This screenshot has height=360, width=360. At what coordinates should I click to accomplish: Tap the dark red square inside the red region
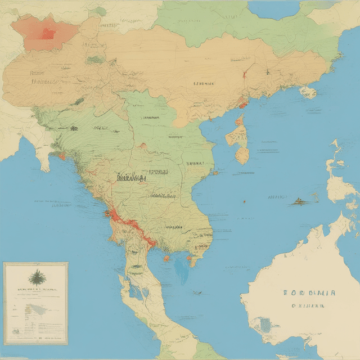tap(48, 33)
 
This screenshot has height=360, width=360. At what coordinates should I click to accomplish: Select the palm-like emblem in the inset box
tap(35, 277)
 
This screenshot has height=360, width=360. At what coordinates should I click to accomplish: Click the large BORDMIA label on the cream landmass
tap(310, 293)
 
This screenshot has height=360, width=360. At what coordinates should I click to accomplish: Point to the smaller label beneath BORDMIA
tap(308, 307)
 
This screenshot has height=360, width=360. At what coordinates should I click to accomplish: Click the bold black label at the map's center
tap(131, 178)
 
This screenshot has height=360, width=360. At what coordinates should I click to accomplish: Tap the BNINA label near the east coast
tap(196, 164)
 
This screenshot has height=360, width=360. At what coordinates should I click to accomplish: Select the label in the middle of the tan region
tap(204, 84)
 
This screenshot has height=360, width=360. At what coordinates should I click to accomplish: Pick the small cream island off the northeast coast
tap(308, 92)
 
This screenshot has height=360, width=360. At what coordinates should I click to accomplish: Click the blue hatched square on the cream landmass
tap(262, 325)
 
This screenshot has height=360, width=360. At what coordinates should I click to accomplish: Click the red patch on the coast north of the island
tap(242, 104)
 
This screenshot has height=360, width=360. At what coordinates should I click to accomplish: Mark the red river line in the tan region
tap(244, 73)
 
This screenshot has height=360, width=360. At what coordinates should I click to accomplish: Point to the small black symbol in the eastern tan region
tap(267, 71)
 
